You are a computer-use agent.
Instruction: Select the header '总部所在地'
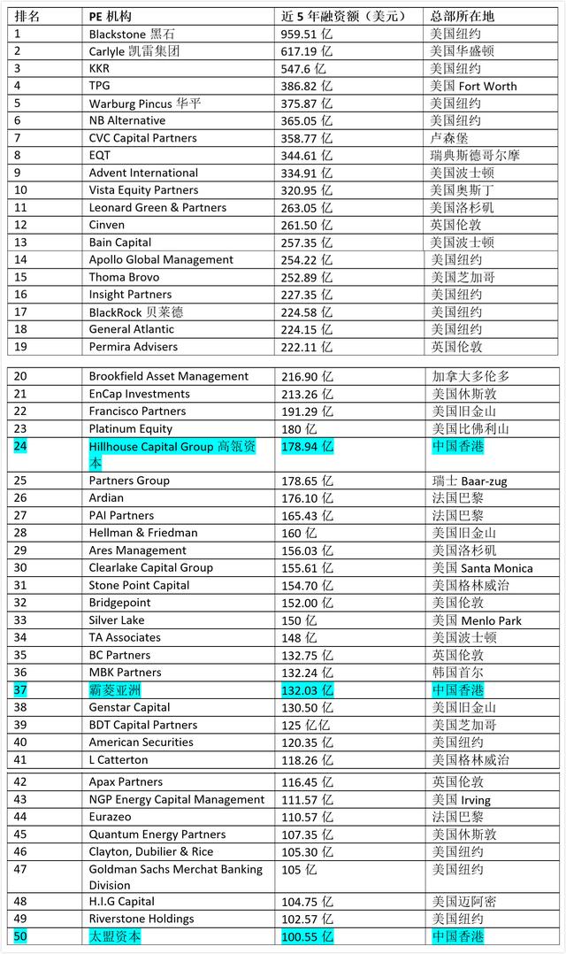(462, 16)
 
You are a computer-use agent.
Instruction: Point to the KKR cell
(100, 68)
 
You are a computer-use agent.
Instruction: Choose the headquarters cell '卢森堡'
(449, 138)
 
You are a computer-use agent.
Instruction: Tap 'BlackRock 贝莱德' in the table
(136, 312)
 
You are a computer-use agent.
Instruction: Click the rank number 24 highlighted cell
(20, 447)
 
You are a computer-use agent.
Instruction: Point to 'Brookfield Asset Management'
(169, 376)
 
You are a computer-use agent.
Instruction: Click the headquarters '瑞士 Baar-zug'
(469, 481)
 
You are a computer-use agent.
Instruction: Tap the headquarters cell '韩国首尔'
(457, 673)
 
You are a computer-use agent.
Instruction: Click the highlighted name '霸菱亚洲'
(115, 689)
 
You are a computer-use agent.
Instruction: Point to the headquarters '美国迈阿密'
(464, 901)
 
